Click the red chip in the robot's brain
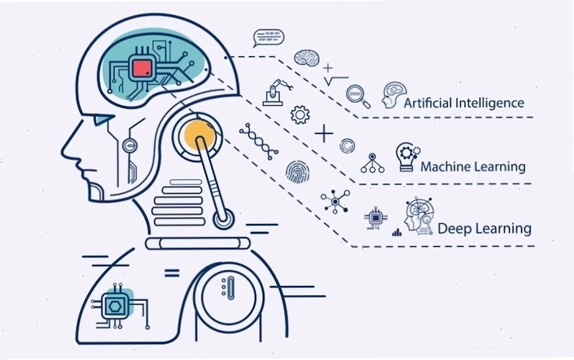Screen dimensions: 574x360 [x=142, y=68]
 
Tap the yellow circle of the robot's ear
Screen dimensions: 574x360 [x=199, y=135]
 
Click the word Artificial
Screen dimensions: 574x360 [x=428, y=103]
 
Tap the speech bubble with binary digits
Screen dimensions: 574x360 [x=269, y=38]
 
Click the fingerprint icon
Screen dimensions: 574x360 [x=297, y=171]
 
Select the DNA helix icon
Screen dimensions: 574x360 [x=259, y=142]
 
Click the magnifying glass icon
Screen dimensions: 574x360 [x=358, y=96]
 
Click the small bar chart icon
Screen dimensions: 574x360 [x=397, y=232]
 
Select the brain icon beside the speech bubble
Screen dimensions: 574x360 [x=307, y=58]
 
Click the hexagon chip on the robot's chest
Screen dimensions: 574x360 [x=115, y=305]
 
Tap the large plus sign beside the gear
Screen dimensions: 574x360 [x=324, y=133]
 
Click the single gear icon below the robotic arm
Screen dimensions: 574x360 [x=300, y=114]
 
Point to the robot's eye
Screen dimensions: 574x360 [x=103, y=119]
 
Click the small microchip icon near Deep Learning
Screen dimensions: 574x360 [x=375, y=218]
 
